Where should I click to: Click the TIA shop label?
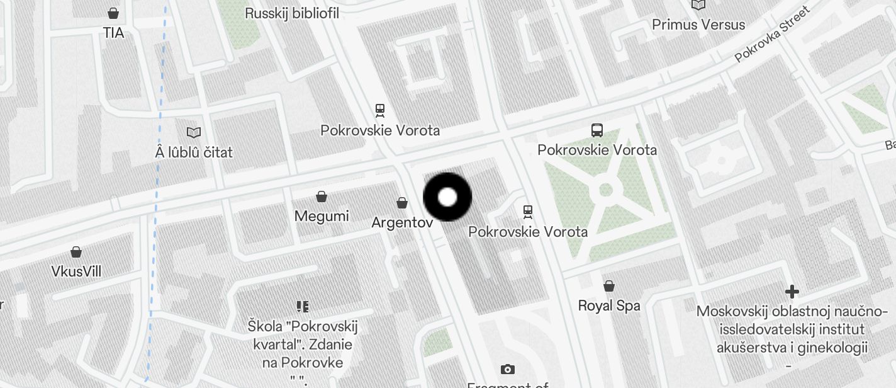coord(114,33)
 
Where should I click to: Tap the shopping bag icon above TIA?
coord(114,13)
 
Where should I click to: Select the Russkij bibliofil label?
coord(292,13)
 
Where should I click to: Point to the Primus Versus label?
coord(698,25)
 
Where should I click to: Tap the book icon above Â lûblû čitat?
coord(194,132)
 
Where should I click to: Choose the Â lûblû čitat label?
coord(194,152)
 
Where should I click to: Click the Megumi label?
coord(322,216)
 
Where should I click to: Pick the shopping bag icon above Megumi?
coord(322,197)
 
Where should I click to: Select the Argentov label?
coord(402,222)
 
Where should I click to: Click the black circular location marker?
coord(447,197)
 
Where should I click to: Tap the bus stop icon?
coord(597,130)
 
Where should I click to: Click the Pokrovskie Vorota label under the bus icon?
coord(597,150)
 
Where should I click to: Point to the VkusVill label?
coord(76,271)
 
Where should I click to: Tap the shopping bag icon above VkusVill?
coord(76,252)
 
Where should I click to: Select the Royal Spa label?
coord(609,305)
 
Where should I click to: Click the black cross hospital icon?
coord(792,292)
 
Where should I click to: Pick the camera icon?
coord(508,369)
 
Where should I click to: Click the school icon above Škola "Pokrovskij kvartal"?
coord(303,307)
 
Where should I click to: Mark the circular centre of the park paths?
coord(606,190)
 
